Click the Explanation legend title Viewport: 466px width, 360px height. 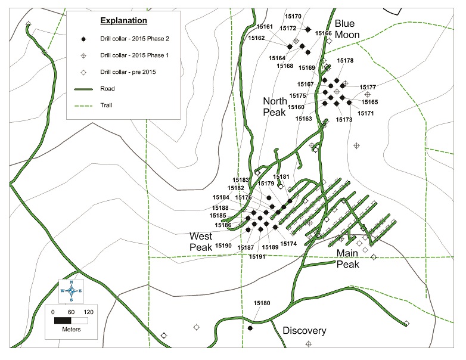tap(123, 21)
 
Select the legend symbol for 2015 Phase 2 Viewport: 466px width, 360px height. tap(84, 39)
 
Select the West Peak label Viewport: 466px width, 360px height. tap(201, 241)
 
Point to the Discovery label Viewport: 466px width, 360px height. tap(304, 331)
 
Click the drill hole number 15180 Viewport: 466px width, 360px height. tap(262, 303)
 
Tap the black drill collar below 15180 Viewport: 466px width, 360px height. tap(250, 328)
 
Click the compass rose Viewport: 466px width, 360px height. tap(72, 290)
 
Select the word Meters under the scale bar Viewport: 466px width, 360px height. tap(70, 330)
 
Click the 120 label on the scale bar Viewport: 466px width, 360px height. tap(88, 312)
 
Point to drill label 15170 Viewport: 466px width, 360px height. tap(294, 17)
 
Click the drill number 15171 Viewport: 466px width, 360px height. tap(366, 113)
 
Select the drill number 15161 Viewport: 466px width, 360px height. tap(265, 27)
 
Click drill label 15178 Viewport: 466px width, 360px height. tap(345, 61)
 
